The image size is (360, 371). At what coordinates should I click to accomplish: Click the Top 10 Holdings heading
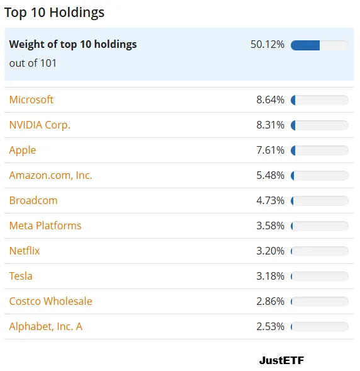[54, 13]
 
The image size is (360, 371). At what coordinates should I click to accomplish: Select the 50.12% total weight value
[267, 45]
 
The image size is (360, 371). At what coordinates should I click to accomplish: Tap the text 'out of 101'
[33, 63]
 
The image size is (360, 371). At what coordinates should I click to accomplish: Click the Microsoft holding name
[31, 100]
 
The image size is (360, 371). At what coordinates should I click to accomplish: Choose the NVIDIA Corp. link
[40, 125]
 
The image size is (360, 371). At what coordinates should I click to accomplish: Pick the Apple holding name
[23, 151]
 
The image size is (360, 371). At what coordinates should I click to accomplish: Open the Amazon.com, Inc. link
[50, 176]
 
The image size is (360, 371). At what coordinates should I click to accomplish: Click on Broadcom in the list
[33, 201]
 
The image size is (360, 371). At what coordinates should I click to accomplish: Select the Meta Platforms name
[45, 225]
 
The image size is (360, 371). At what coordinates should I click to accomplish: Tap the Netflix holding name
[25, 251]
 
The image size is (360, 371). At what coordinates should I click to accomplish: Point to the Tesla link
[21, 276]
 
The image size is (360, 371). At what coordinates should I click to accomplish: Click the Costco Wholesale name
[50, 302]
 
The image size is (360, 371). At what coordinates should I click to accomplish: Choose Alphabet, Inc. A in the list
[45, 327]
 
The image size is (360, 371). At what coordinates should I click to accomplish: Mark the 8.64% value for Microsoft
[271, 100]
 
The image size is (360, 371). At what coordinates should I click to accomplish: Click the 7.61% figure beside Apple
[271, 151]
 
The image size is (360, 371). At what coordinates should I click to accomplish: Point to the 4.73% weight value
[271, 201]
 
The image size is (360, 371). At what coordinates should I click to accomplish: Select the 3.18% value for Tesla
[271, 276]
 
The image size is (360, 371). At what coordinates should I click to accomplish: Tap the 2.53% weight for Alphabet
[271, 326]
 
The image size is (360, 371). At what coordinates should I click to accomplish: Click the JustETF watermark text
[281, 360]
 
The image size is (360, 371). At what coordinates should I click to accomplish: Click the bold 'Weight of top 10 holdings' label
[73, 45]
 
